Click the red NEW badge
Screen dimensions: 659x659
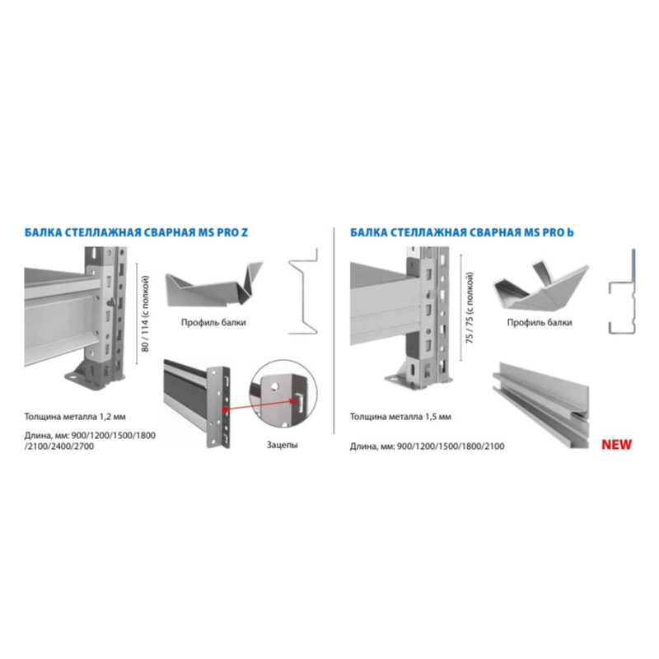pyautogui.click(x=616, y=445)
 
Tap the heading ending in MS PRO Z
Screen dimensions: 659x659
pyautogui.click(x=136, y=232)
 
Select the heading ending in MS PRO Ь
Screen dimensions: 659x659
pyautogui.click(x=462, y=232)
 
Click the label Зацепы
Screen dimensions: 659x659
pyautogui.click(x=282, y=445)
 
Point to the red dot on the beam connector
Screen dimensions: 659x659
pyautogui.click(x=225, y=409)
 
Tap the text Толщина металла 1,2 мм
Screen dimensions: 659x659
pyautogui.click(x=75, y=417)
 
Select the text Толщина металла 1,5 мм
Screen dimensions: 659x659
pyautogui.click(x=400, y=417)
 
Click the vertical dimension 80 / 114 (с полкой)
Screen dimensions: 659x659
pyautogui.click(x=146, y=314)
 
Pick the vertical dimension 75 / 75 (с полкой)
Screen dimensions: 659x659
pyautogui.click(x=470, y=308)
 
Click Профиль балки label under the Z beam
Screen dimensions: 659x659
pyautogui.click(x=213, y=322)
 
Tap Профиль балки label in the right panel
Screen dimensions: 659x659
pyautogui.click(x=540, y=322)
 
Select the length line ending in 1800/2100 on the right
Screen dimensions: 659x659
pyautogui.click(x=427, y=446)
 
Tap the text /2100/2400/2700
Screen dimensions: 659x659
pyautogui.click(x=59, y=446)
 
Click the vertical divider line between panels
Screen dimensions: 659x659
pyautogui.click(x=334, y=330)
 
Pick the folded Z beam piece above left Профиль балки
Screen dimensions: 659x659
pyautogui.click(x=214, y=284)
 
